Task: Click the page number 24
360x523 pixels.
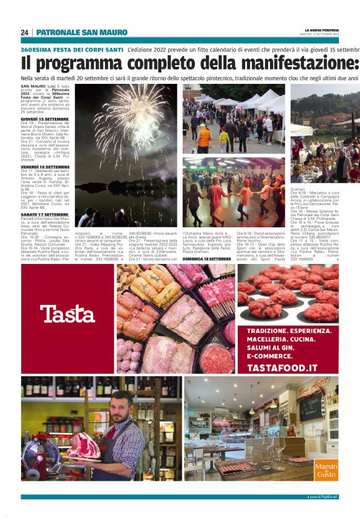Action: click(24, 32)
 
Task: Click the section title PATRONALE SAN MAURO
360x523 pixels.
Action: click(81, 32)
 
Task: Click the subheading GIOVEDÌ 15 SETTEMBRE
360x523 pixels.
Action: click(45, 118)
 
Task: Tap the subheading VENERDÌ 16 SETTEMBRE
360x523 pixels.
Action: click(45, 167)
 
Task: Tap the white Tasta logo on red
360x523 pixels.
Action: click(68, 314)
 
